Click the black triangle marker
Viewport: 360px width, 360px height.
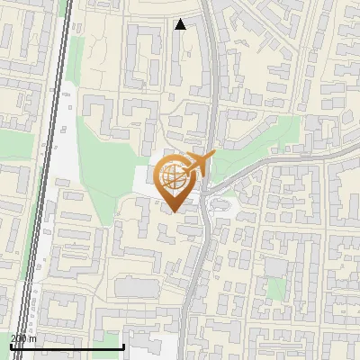point(181,24)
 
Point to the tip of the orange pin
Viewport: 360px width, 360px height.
point(172,211)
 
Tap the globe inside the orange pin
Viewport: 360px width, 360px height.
point(172,177)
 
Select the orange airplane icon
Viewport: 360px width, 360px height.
point(201,163)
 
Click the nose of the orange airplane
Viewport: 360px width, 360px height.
point(214,155)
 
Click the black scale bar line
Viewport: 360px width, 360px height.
point(67,346)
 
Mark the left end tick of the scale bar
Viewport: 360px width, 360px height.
point(11,345)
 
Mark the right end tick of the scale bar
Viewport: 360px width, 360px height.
point(122,345)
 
